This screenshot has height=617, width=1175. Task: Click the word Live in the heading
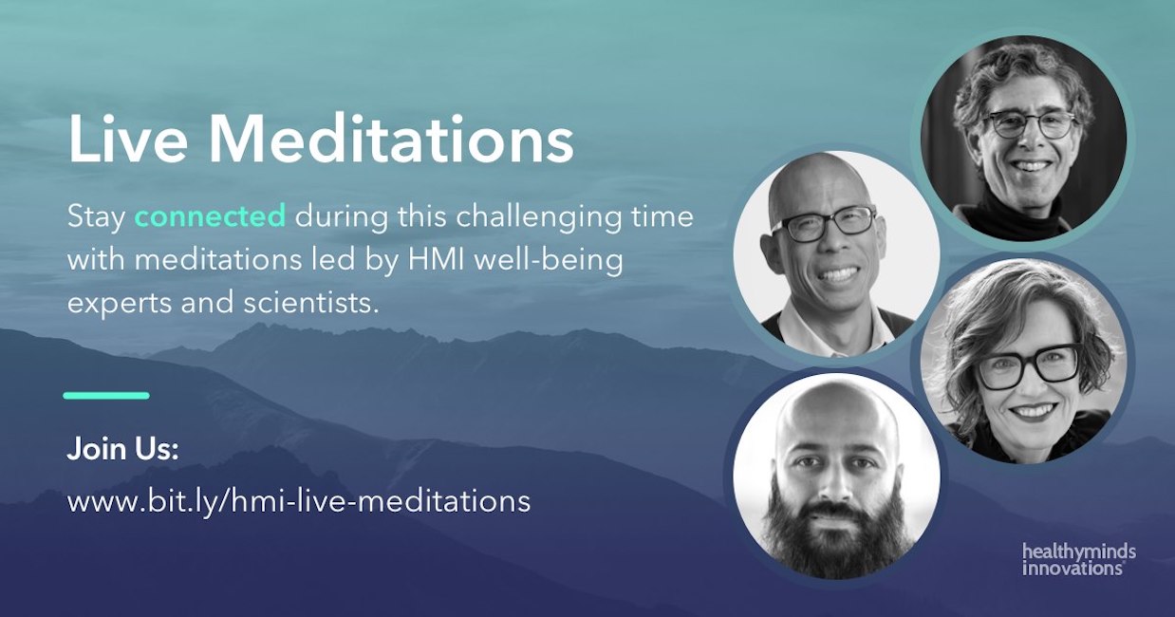tap(128, 139)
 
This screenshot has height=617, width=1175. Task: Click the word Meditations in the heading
tap(391, 139)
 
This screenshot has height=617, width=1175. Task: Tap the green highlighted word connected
tap(211, 216)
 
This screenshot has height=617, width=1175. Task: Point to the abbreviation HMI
tap(437, 260)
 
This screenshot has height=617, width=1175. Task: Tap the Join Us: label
tap(122, 449)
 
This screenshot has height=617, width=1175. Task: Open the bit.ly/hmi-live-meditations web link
tap(298, 501)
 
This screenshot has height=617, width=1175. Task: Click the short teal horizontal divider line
tap(106, 396)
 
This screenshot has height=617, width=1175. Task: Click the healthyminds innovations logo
tap(1079, 560)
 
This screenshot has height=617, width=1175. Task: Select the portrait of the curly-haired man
tap(1023, 138)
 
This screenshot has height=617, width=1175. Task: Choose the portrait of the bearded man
tap(837, 476)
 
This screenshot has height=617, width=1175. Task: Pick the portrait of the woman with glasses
tap(1023, 361)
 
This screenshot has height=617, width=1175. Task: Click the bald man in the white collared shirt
tap(837, 254)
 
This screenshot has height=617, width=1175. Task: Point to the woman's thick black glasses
tap(1028, 365)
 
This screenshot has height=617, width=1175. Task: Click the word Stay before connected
tap(97, 217)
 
